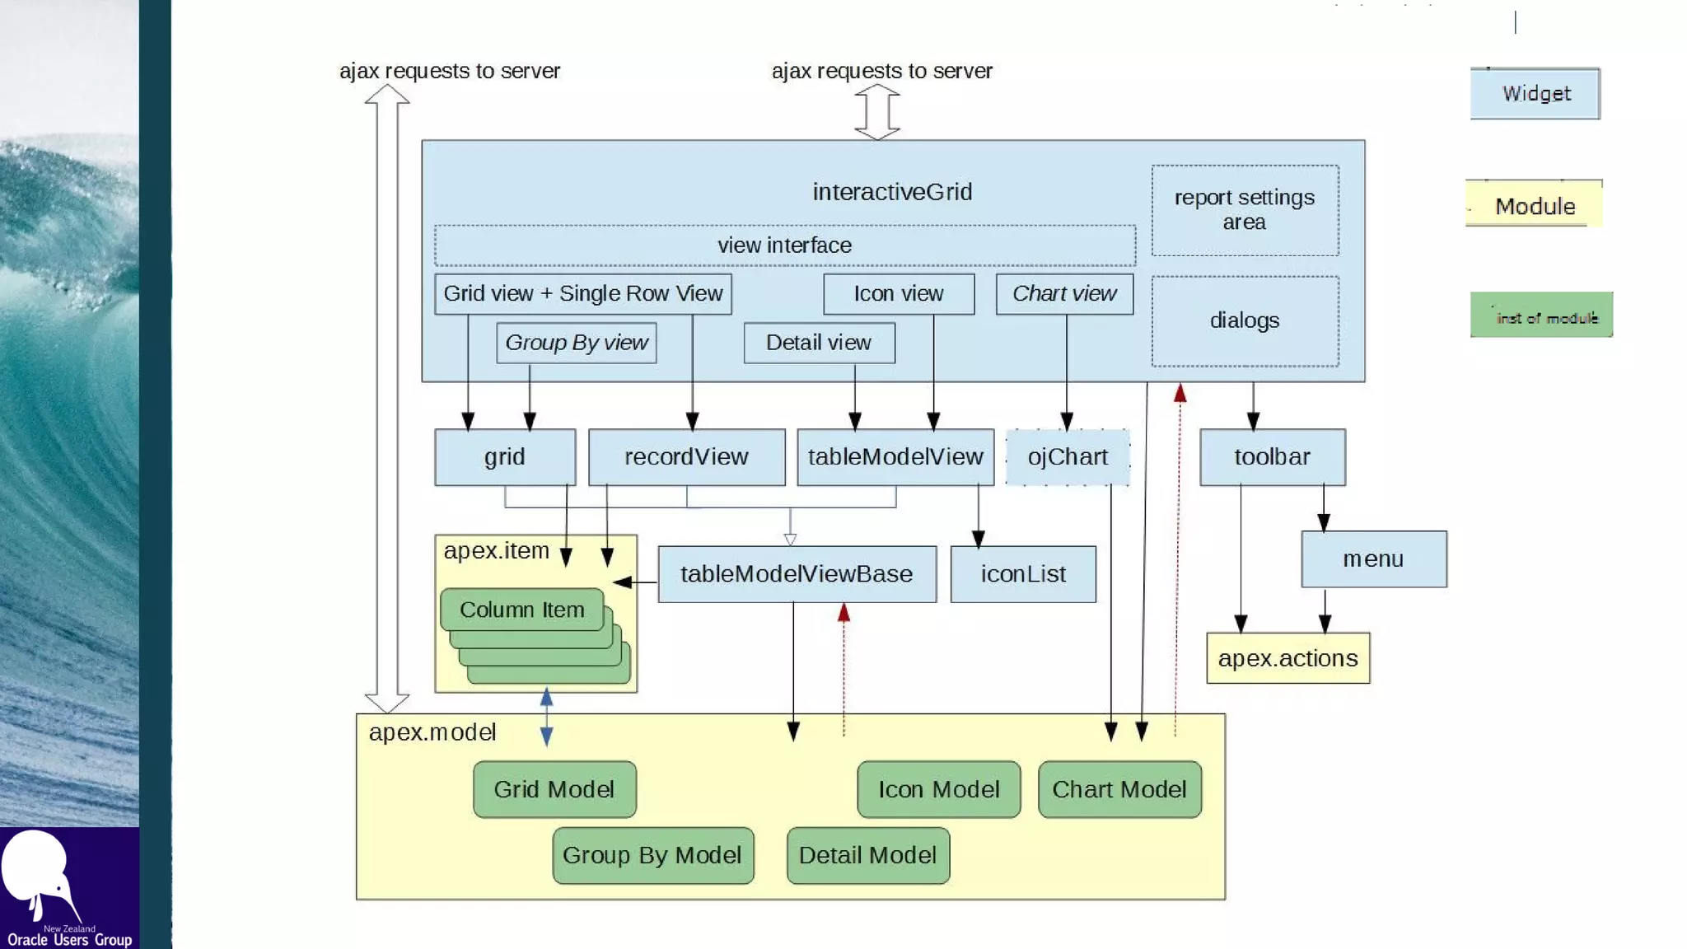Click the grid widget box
[504, 457]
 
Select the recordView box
[686, 457]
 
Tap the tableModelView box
[895, 457]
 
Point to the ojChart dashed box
[1068, 457]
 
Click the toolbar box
[1272, 457]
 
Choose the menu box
[1373, 559]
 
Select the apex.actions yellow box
[1287, 658]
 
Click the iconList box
[1023, 574]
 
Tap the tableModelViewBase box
[797, 574]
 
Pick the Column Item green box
[521, 610]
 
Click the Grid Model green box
[554, 789]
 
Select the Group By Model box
[652, 855]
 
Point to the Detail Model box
[867, 855]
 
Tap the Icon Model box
[938, 789]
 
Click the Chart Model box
[1119, 789]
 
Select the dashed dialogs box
[1245, 321]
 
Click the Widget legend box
[1535, 94]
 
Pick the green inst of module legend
[1541, 316]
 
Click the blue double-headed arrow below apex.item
[546, 717]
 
